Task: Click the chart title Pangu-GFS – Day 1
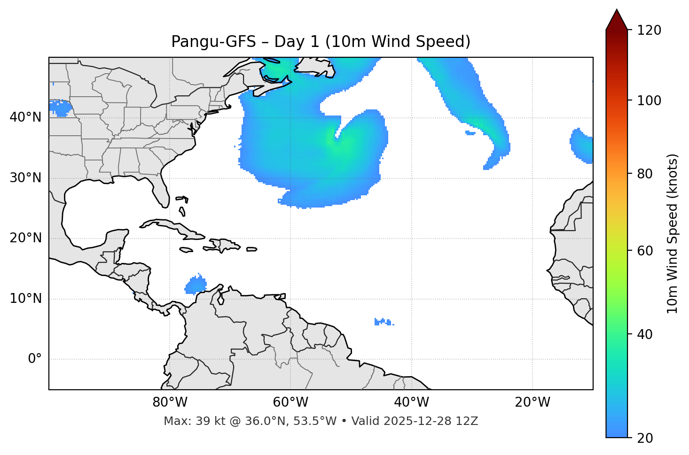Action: [x=321, y=42]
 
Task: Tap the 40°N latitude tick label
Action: [x=25, y=117]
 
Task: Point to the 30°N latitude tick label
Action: [x=25, y=178]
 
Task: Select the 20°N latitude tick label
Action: [x=25, y=238]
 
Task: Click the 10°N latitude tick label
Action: [x=25, y=299]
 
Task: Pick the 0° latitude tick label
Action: [x=35, y=359]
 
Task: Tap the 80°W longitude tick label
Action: [x=170, y=402]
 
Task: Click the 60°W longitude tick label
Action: [x=290, y=402]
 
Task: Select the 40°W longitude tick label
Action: [x=411, y=402]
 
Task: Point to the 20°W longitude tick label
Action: [x=532, y=402]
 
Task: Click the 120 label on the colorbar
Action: [x=649, y=31]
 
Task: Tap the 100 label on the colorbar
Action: [x=649, y=100]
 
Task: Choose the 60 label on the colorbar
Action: [x=645, y=251]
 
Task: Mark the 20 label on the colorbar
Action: [x=645, y=438]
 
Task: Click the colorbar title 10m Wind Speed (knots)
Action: [x=673, y=233]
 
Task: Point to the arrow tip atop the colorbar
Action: [x=617, y=10]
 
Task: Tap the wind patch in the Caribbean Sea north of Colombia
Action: [x=196, y=285]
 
